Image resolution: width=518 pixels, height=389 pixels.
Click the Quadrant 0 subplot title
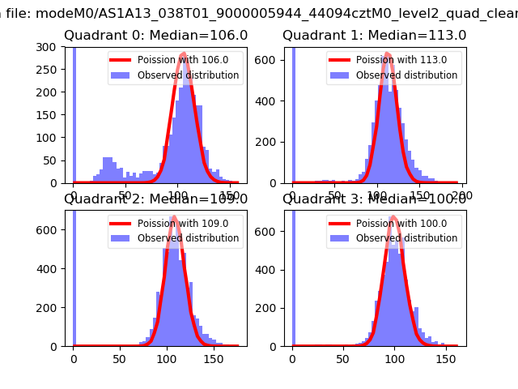pos(155,36)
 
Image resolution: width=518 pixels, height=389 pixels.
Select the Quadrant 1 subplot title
pos(374,36)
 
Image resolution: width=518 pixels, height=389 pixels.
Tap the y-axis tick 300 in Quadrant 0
pos(53,47)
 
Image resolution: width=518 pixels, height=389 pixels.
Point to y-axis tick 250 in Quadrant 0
pos(53,70)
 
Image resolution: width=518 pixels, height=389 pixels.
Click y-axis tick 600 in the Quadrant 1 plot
pos(272,61)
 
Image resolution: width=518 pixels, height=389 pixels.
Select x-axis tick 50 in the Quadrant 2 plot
pos(120,359)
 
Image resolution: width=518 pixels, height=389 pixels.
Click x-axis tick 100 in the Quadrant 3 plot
pos(394,359)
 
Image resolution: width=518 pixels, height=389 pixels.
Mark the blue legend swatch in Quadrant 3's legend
pos(340,238)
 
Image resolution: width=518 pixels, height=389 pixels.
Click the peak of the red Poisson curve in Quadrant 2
pos(174,217)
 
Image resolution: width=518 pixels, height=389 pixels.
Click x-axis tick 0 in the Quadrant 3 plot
pos(292,359)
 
